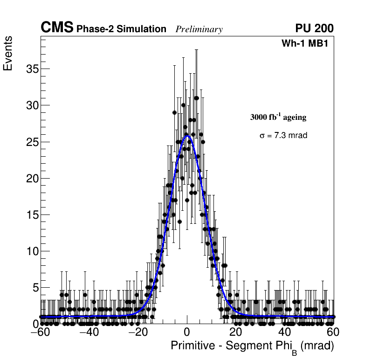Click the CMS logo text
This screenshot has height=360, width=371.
(x=57, y=28)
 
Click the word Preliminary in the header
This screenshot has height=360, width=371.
(x=199, y=30)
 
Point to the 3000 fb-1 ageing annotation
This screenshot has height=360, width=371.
(x=278, y=118)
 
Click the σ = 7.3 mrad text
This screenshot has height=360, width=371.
(x=283, y=136)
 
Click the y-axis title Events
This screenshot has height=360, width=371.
(x=8, y=54)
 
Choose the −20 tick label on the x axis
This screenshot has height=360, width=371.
(x=137, y=332)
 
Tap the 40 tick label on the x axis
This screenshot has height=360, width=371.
(x=284, y=332)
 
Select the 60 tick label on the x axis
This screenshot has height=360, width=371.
(x=332, y=332)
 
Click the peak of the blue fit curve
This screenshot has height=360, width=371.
(x=187, y=136)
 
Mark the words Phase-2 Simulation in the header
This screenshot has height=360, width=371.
(x=121, y=29)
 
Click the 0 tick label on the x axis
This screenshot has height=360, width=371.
(x=187, y=332)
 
